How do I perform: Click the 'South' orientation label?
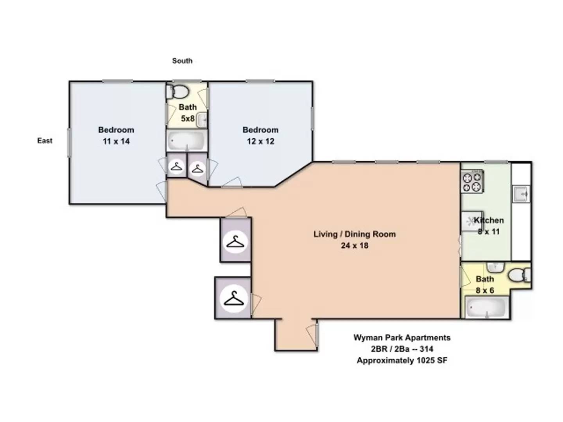coord(182,61)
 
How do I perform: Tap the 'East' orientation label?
coord(45,141)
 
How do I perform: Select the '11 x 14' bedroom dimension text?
coord(116,141)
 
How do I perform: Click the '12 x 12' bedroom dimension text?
coord(260,141)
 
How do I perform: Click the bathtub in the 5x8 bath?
coord(186,141)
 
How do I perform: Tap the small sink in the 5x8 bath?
coord(202,120)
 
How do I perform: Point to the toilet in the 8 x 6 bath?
coord(518,275)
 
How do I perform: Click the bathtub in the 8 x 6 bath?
coord(486,308)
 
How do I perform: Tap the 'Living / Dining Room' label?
coord(355,234)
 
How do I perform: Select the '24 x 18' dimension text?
coord(355,246)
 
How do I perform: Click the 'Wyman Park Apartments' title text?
coord(402,338)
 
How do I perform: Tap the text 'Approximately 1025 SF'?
coord(402,361)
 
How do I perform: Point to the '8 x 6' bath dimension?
coord(485,291)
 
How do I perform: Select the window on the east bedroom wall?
coord(69,143)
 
